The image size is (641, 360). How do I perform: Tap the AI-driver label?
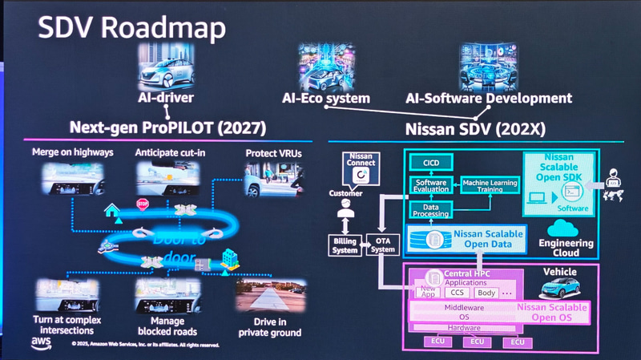(166, 99)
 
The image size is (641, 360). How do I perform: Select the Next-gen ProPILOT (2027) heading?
(167, 127)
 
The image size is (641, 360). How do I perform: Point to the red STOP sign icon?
(143, 204)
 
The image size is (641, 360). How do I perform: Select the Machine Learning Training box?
(490, 184)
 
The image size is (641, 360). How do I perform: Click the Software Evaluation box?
(430, 185)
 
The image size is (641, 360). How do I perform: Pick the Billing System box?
(345, 245)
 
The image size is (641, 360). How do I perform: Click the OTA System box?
(381, 245)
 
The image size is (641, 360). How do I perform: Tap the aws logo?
(42, 342)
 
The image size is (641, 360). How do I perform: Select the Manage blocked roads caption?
(167, 325)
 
